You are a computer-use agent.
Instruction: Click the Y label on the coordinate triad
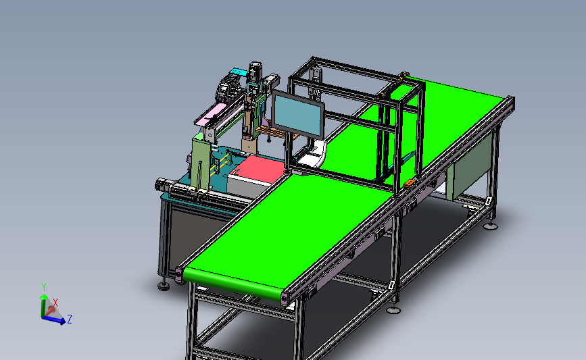click(44, 287)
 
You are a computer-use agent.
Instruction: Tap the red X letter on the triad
click(55, 302)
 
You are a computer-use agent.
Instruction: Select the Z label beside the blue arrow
click(69, 319)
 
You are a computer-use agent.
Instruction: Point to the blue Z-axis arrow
click(53, 320)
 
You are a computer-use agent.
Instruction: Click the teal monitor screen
click(297, 115)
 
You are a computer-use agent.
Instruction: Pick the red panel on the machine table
click(258, 170)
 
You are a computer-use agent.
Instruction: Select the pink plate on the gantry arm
click(210, 115)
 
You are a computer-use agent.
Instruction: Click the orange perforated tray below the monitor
click(276, 132)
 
